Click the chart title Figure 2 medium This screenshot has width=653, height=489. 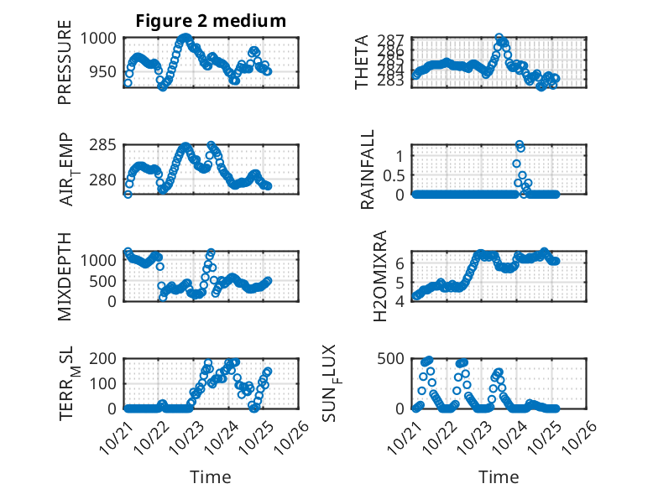tap(211, 21)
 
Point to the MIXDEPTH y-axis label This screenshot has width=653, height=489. tap(65, 277)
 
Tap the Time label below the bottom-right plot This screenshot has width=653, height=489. tap(499, 476)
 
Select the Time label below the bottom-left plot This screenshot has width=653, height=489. tap(210, 476)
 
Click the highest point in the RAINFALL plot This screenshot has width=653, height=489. tap(520, 144)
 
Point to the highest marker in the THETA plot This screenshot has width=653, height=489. tap(499, 39)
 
